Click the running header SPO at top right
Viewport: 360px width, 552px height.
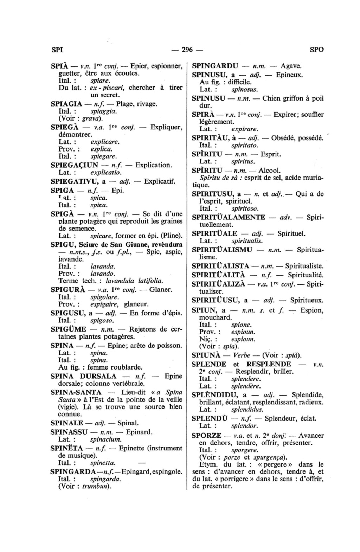[317, 50]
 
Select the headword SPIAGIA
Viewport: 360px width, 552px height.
[66, 104]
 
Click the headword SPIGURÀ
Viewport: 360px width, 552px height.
[68, 290]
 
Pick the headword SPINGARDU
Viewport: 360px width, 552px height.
[215, 66]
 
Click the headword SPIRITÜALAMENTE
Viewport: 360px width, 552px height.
[229, 217]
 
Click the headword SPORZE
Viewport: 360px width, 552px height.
[206, 435]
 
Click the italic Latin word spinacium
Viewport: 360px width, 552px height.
[106, 439]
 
